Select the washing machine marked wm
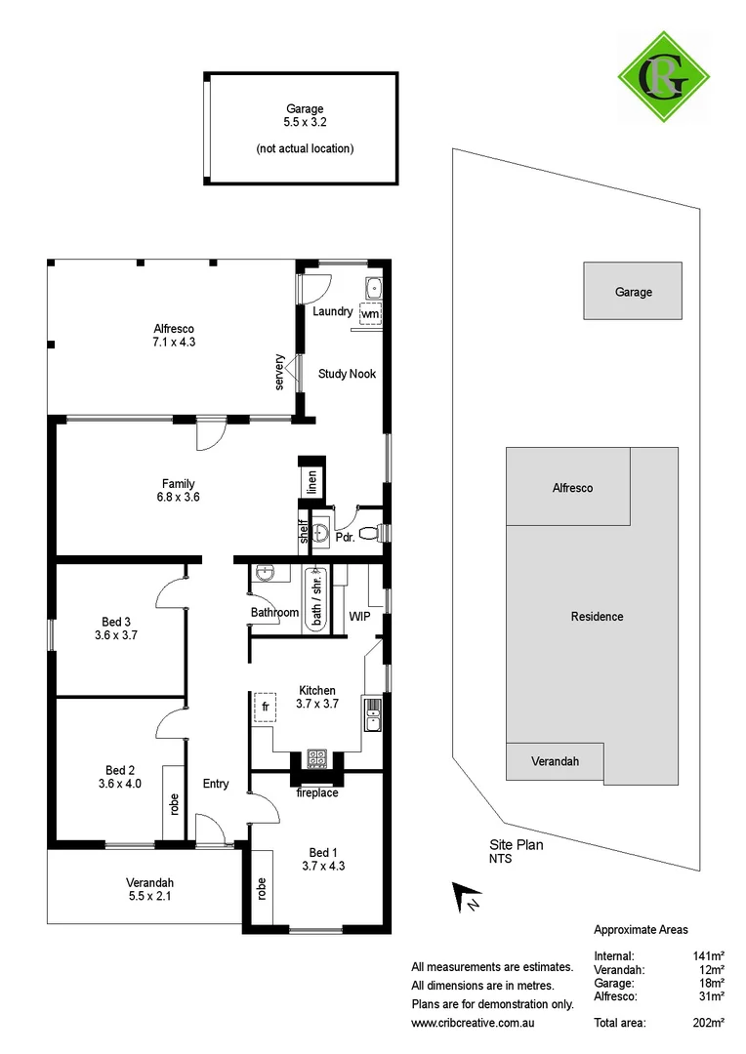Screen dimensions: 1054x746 (x=370, y=314)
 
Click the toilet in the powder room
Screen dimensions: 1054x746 (x=369, y=533)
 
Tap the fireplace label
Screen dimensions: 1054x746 (x=316, y=793)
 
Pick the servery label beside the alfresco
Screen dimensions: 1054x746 (x=280, y=374)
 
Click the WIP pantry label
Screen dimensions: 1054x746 (x=360, y=617)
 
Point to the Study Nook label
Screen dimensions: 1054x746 (x=347, y=374)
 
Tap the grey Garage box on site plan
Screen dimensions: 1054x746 (x=633, y=291)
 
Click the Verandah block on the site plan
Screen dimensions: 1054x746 (x=555, y=761)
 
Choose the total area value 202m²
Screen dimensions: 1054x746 (x=708, y=1022)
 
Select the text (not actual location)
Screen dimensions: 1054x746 (x=305, y=148)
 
